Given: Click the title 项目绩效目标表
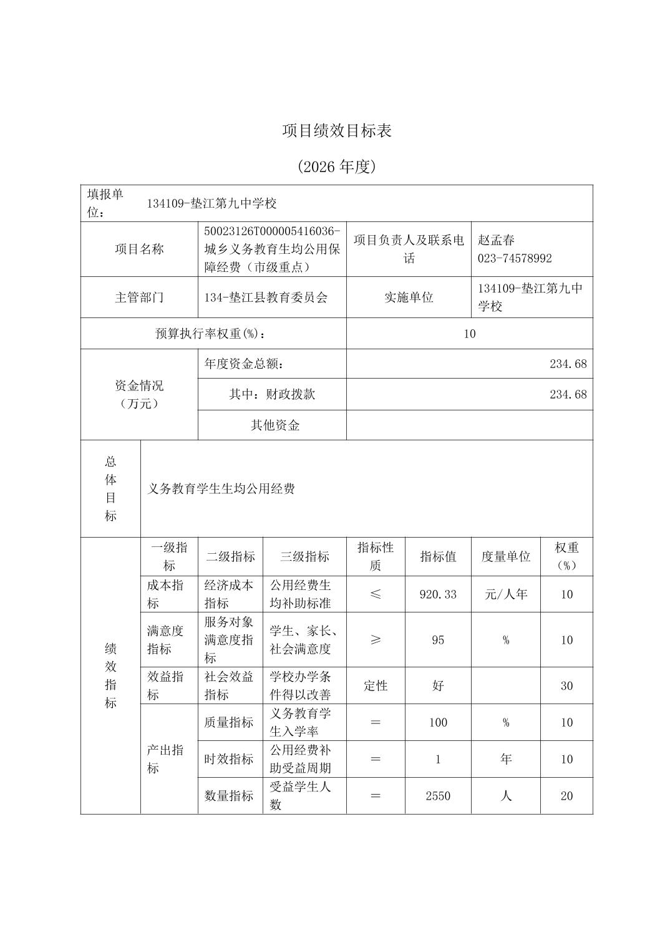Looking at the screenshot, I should click(337, 130).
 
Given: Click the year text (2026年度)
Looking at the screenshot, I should click(337, 167).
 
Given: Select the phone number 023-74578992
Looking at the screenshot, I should click(515, 258).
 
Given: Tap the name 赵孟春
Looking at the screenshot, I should click(496, 240).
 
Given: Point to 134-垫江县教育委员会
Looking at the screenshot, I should click(266, 297).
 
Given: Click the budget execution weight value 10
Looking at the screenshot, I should click(469, 334).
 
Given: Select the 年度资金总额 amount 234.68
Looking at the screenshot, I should click(568, 364).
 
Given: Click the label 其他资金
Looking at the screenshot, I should click(275, 425).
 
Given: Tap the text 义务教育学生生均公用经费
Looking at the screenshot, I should click(221, 489).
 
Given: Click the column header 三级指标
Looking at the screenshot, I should click(304, 556).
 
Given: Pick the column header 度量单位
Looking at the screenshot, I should click(505, 556).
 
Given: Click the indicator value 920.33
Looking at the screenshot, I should click(438, 594).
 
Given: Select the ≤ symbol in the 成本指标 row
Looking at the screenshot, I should click(376, 594).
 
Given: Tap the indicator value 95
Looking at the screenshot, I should click(438, 640).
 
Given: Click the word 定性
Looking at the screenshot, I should click(376, 686).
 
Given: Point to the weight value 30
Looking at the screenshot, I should click(566, 686).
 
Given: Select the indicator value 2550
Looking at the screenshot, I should click(438, 796).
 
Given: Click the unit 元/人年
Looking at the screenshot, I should click(505, 594).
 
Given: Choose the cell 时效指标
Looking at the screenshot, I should click(229, 759).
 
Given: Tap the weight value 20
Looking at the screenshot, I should click(566, 796).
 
